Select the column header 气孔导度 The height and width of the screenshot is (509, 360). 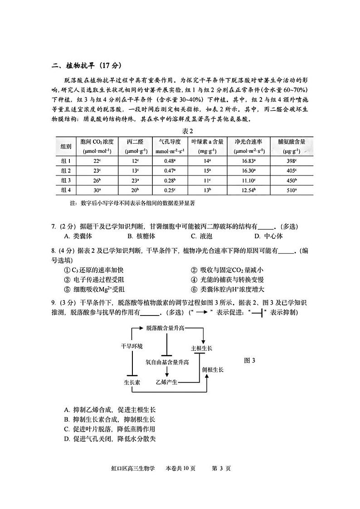coord(170,141)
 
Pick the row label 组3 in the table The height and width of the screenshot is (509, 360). coord(67,180)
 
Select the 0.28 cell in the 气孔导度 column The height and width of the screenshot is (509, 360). coord(170,180)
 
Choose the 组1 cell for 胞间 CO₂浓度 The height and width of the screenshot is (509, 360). coord(97,161)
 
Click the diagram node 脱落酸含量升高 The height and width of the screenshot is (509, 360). coord(165,327)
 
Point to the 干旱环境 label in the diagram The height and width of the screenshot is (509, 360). coord(131,346)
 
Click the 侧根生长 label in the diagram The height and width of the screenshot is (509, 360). coord(213,369)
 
